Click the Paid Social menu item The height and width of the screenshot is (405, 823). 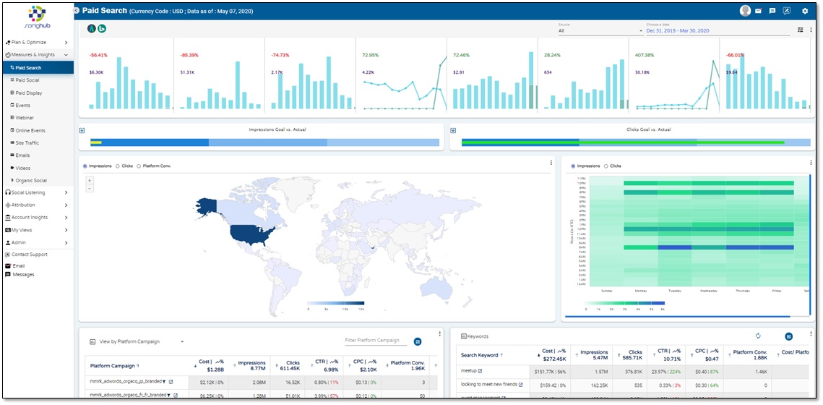[x=27, y=80]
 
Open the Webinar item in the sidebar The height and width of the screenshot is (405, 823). [x=25, y=118]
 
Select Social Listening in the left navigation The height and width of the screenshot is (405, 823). [x=28, y=192]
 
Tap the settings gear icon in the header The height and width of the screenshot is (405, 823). [x=805, y=11]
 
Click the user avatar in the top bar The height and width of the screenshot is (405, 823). [x=746, y=11]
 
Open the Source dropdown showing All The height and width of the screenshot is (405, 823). [x=600, y=30]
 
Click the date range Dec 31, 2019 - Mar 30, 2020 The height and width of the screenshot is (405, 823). [x=678, y=30]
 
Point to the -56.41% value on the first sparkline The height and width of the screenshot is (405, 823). [x=99, y=55]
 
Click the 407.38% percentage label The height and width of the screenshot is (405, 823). [x=645, y=55]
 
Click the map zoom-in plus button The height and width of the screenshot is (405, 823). [x=89, y=179]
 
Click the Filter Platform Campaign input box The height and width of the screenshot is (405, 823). [x=376, y=341]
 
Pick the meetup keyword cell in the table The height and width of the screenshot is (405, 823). [x=470, y=371]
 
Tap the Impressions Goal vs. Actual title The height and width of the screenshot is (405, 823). [x=277, y=129]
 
